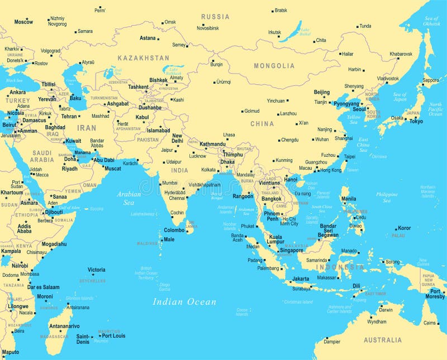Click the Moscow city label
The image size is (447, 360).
pyautogui.click(x=23, y=22)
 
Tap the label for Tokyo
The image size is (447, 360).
pyautogui.click(x=416, y=121)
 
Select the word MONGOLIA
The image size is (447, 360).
pyautogui.click(x=274, y=66)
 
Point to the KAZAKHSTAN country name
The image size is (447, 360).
pyautogui.click(x=143, y=58)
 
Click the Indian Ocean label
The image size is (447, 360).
pyautogui.click(x=184, y=302)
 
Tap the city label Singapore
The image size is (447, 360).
pyautogui.click(x=292, y=251)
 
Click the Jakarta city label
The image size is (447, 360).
pyautogui.click(x=301, y=279)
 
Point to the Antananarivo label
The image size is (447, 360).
pyautogui.click(x=64, y=326)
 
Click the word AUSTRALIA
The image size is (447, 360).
pyautogui.click(x=382, y=340)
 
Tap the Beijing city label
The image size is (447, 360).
pyautogui.click(x=321, y=92)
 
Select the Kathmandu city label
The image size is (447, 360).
pyautogui.click(x=212, y=144)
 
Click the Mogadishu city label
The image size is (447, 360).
pyautogui.click(x=54, y=244)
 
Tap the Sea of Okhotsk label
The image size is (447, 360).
pyautogui.click(x=431, y=21)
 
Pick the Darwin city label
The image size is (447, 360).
pyautogui.click(x=386, y=310)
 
